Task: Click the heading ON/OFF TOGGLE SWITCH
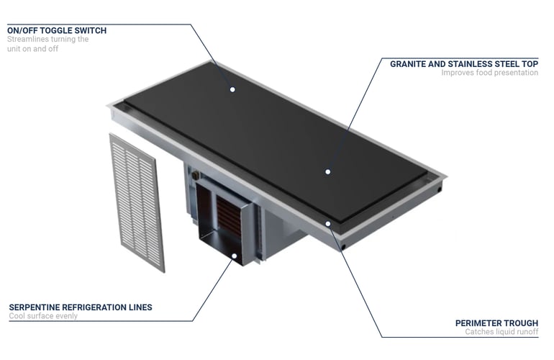pyautogui.click(x=57, y=30)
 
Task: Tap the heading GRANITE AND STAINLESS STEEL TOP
pyautogui.click(x=464, y=64)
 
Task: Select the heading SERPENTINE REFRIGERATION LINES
pyautogui.click(x=81, y=307)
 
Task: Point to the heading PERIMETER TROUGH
pyautogui.click(x=496, y=323)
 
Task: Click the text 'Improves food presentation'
pyautogui.click(x=489, y=73)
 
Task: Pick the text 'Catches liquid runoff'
pyautogui.click(x=501, y=332)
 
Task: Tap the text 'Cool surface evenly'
pyautogui.click(x=43, y=316)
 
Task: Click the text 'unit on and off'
pyautogui.click(x=32, y=49)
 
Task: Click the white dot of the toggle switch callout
pyautogui.click(x=232, y=89)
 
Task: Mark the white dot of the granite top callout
pyautogui.click(x=328, y=172)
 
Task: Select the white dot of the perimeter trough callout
pyautogui.click(x=328, y=224)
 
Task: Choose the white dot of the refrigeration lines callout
pyautogui.click(x=234, y=256)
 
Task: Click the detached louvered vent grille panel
pyautogui.click(x=137, y=202)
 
